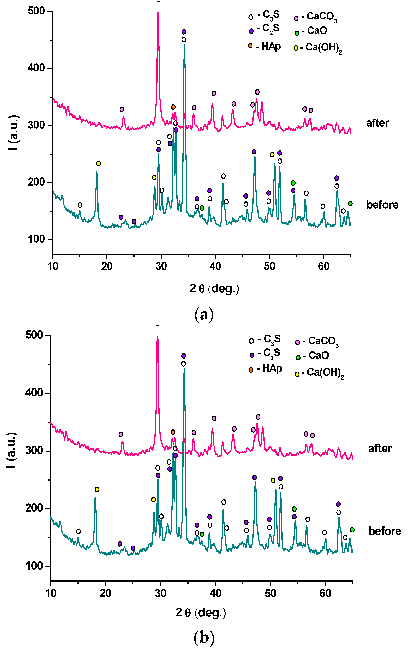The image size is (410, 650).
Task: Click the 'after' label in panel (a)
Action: tap(377, 123)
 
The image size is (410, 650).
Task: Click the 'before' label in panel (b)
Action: tap(384, 531)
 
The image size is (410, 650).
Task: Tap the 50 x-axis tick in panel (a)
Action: tap(269, 266)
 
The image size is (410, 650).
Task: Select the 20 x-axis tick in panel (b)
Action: tap(105, 593)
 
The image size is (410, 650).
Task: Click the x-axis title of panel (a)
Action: tap(214, 289)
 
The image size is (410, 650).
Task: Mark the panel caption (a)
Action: tap(204, 314)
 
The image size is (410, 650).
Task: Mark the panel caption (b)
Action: tap(204, 638)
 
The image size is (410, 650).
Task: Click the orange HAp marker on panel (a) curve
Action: tap(173, 107)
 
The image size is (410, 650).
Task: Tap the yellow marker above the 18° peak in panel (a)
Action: tap(98, 164)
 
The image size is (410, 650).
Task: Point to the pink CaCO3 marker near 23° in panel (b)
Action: tap(121, 434)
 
